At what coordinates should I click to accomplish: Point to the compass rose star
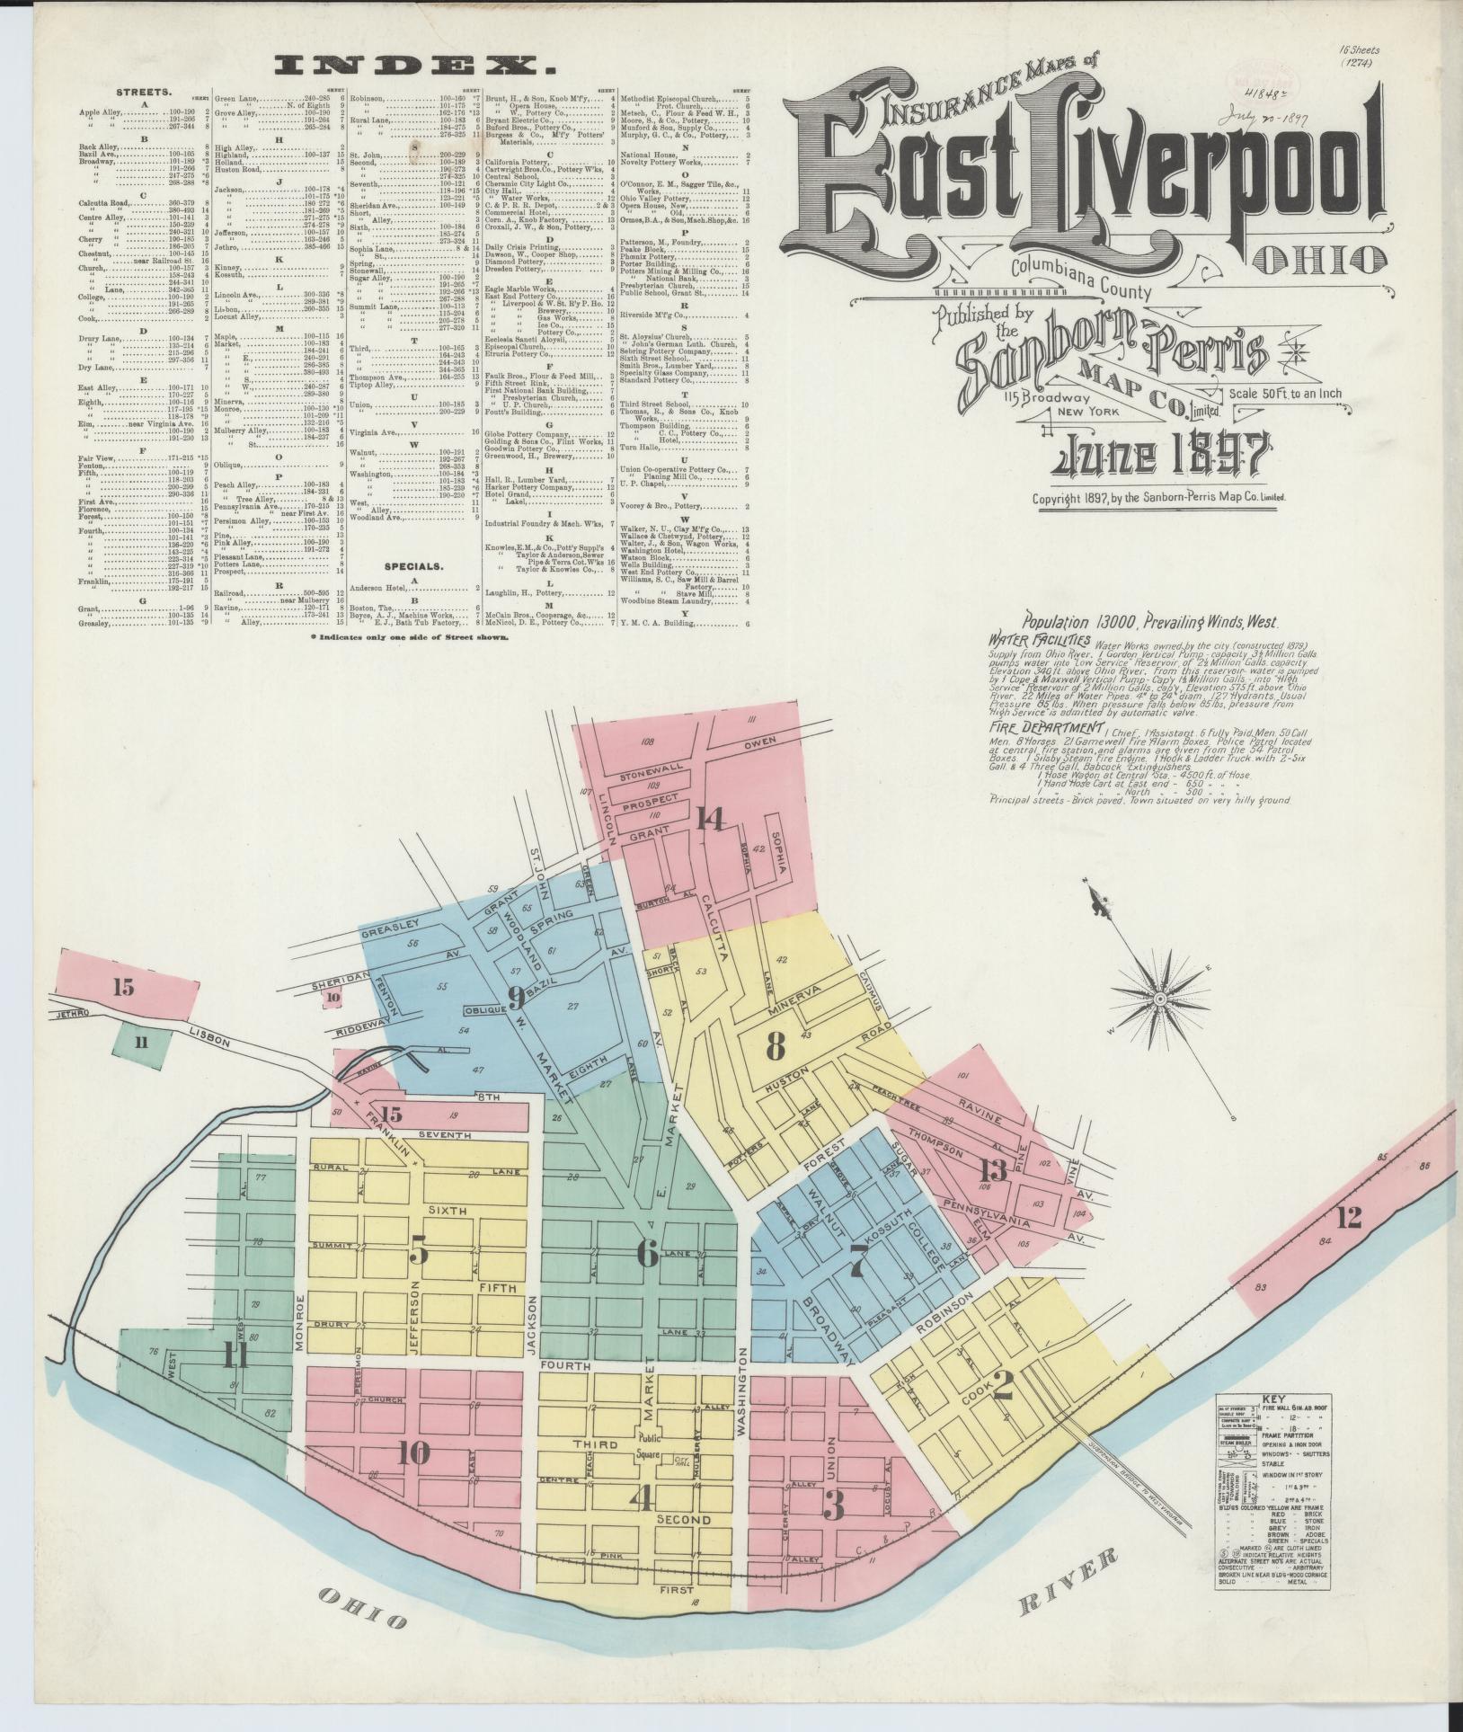click(x=1159, y=999)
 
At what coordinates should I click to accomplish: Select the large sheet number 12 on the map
click(x=1348, y=1218)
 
